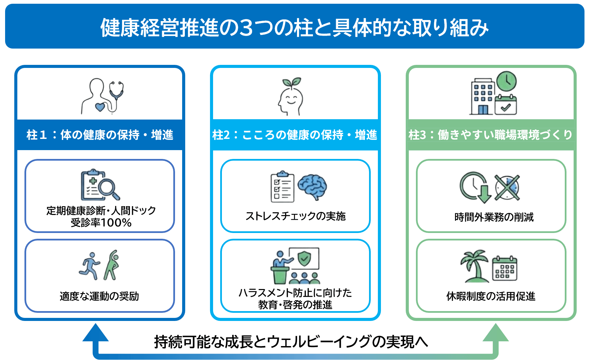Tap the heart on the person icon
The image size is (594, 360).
(x=100, y=107)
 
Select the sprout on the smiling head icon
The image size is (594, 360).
(x=292, y=82)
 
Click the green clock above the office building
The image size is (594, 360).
(x=506, y=82)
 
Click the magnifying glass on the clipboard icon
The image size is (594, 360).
(x=108, y=189)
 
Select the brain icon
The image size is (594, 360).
(x=312, y=186)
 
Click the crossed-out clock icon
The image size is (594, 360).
(x=507, y=187)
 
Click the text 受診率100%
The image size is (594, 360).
(x=101, y=223)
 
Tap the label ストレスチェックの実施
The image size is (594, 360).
(x=295, y=216)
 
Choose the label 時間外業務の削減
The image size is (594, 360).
(x=494, y=217)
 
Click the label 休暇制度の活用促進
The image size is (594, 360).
(x=491, y=296)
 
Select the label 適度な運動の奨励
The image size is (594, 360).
(x=99, y=296)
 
